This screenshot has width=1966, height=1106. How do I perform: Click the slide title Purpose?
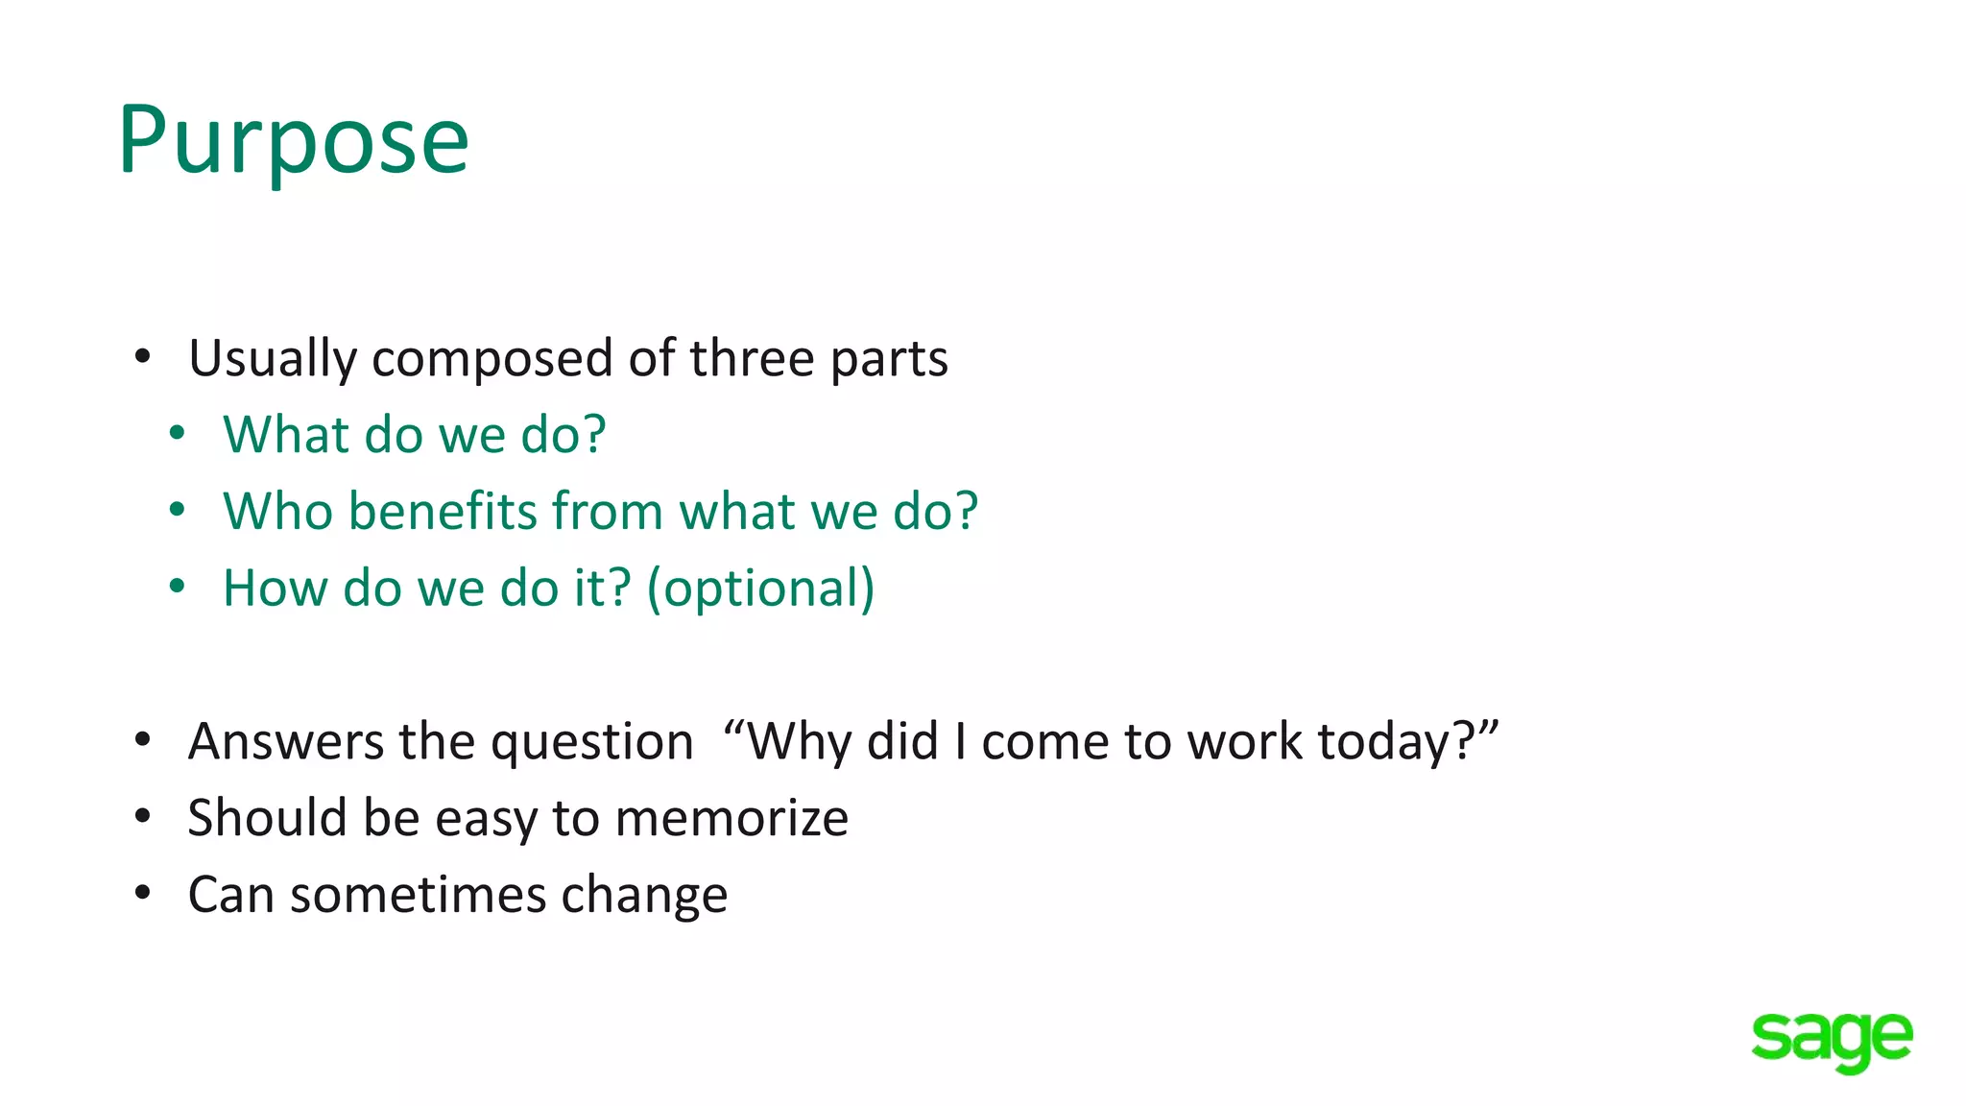click(293, 142)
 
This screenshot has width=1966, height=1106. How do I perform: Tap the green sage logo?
click(1832, 1040)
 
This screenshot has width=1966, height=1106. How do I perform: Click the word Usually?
click(273, 359)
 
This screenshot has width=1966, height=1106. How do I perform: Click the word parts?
click(889, 359)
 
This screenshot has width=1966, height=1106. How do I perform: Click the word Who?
click(277, 511)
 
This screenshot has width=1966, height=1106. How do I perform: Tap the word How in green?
click(276, 588)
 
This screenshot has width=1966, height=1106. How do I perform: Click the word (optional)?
click(760, 589)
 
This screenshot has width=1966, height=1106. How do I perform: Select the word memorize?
click(731, 819)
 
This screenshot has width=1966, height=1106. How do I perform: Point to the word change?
click(644, 897)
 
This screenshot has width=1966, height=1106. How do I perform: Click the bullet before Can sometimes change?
click(143, 894)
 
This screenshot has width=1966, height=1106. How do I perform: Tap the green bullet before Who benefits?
click(177, 510)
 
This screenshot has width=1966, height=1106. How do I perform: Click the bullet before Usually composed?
click(143, 357)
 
